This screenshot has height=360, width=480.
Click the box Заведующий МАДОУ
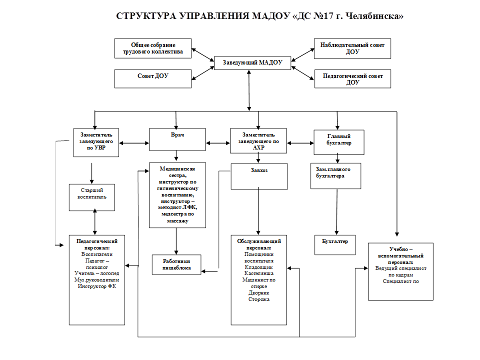(252, 62)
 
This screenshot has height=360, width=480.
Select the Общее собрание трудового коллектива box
(152, 48)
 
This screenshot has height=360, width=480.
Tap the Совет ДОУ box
(152, 78)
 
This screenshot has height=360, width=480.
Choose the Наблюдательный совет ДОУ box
(352, 48)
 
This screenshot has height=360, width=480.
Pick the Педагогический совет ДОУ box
(352, 78)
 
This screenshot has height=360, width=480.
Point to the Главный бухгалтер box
(338, 142)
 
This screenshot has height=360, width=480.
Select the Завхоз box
(259, 175)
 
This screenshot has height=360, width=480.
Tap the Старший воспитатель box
(92, 197)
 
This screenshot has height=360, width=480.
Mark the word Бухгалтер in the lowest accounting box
(335, 241)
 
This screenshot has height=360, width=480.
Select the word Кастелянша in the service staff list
(258, 273)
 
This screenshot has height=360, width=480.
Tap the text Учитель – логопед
(97, 273)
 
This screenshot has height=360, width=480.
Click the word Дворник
(258, 293)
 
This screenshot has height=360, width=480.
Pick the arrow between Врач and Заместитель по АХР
(218, 143)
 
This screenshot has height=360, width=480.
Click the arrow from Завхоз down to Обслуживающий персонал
(258, 210)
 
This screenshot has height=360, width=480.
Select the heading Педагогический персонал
(97, 244)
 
